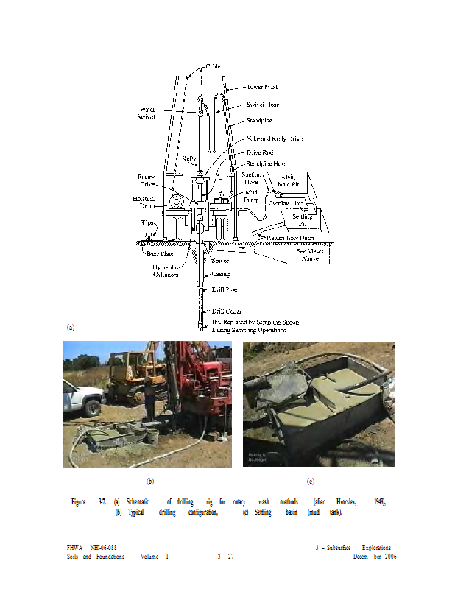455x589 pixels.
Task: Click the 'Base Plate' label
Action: click(x=152, y=253)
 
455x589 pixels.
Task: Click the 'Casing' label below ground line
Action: click(x=221, y=274)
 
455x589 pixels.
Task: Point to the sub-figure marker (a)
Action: click(x=71, y=327)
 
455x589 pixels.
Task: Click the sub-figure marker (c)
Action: click(x=311, y=481)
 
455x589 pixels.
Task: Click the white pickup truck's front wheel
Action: click(x=94, y=407)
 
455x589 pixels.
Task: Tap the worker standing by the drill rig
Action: click(x=149, y=401)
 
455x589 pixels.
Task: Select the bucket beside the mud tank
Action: click(x=153, y=437)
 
